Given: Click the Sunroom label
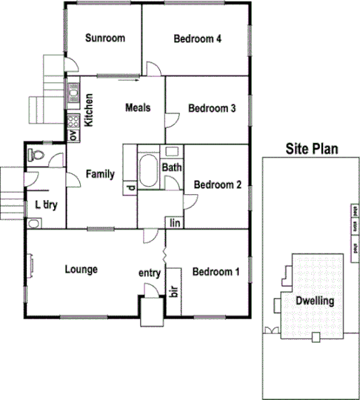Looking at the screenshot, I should coord(104,39).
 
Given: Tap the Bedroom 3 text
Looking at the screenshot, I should coord(212,108).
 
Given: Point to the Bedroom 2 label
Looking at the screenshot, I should coord(217,185).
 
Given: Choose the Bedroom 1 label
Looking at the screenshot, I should coord(216,272).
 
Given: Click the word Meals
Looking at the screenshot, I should coord(138,107).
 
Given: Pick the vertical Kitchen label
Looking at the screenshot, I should coord(88,110).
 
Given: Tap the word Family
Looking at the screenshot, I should coord(100,175).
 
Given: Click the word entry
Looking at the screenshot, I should coord(150,273).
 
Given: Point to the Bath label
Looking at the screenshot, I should coord(172,168).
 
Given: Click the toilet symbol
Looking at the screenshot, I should coord(36,156).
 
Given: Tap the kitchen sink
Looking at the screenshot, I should coord(73,93).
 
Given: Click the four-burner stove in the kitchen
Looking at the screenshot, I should coord(73,119).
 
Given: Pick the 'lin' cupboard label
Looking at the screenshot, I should coord(176,222).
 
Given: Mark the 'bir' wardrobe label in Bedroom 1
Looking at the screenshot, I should coord(175,290).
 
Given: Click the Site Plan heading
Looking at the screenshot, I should coord(312,149).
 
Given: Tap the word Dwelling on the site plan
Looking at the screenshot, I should coord(315,301).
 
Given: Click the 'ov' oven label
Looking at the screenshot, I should coord(73,136).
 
